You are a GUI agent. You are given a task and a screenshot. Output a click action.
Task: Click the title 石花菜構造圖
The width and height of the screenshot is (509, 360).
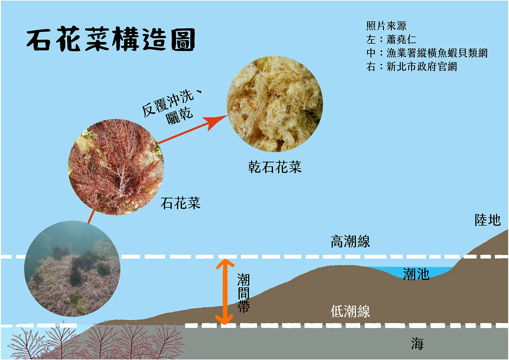[x=111, y=39]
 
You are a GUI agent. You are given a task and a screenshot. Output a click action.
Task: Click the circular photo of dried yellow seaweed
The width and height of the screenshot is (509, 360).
[x=275, y=104]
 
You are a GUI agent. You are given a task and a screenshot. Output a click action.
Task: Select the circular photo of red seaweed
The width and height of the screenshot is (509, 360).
[x=116, y=167]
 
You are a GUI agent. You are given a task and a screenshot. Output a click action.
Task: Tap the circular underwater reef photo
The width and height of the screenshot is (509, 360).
[x=72, y=269]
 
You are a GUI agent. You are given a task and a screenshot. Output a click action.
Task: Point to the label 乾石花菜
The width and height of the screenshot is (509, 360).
[x=275, y=167]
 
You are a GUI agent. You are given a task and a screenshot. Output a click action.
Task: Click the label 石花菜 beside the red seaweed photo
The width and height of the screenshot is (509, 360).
[x=181, y=203]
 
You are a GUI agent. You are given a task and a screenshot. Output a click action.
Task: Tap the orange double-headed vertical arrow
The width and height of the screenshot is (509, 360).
[x=225, y=292]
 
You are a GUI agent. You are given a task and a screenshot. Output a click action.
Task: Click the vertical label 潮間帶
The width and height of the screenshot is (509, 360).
[x=243, y=293]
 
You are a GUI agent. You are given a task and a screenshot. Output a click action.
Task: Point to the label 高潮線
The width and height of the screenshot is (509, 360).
[x=350, y=241]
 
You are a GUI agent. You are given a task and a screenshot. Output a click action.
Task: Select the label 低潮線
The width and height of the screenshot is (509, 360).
[x=350, y=311]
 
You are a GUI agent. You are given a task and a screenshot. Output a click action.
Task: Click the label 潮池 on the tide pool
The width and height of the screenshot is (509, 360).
[x=416, y=274]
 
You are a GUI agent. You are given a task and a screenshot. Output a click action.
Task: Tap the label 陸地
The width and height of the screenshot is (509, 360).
[x=488, y=220]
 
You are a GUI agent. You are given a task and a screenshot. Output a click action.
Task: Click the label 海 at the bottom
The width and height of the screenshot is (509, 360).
[x=417, y=343]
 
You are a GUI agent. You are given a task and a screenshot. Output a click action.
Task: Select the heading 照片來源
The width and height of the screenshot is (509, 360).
[x=386, y=26]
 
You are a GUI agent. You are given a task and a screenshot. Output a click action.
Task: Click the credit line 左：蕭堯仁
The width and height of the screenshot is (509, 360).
[x=391, y=39]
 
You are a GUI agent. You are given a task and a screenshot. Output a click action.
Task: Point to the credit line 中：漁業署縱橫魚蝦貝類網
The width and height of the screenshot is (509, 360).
[x=427, y=53]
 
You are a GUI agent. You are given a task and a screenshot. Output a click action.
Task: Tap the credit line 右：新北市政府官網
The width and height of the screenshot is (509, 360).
[x=412, y=67]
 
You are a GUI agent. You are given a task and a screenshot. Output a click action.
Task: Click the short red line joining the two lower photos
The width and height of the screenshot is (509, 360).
[x=91, y=217]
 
